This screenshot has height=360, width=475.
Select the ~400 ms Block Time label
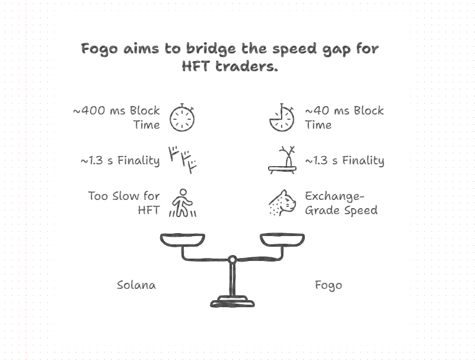pos(116,117)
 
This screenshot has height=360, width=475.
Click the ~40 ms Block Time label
pos(344,117)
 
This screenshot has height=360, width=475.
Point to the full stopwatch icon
pos(182,117)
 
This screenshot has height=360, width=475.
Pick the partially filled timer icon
pos(282,117)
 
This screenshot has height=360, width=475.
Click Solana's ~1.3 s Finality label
pos(120,160)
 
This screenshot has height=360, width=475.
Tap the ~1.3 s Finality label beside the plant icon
pos(344,160)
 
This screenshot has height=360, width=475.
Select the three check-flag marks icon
pos(182,159)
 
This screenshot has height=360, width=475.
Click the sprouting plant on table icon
pos(282,160)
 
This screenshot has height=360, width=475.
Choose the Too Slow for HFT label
pos(123,202)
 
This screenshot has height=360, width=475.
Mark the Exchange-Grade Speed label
pos(340,202)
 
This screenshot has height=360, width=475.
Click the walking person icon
pos(183,203)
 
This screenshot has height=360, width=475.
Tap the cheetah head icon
pos(282,203)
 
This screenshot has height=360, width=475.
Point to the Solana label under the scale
pos(136,285)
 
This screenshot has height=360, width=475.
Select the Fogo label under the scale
pos(328,285)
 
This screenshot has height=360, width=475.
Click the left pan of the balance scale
pos(183,240)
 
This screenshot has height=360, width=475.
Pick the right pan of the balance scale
pos(282,240)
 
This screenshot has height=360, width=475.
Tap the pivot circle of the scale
pos(232,259)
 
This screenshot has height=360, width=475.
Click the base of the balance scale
pos(232,301)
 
